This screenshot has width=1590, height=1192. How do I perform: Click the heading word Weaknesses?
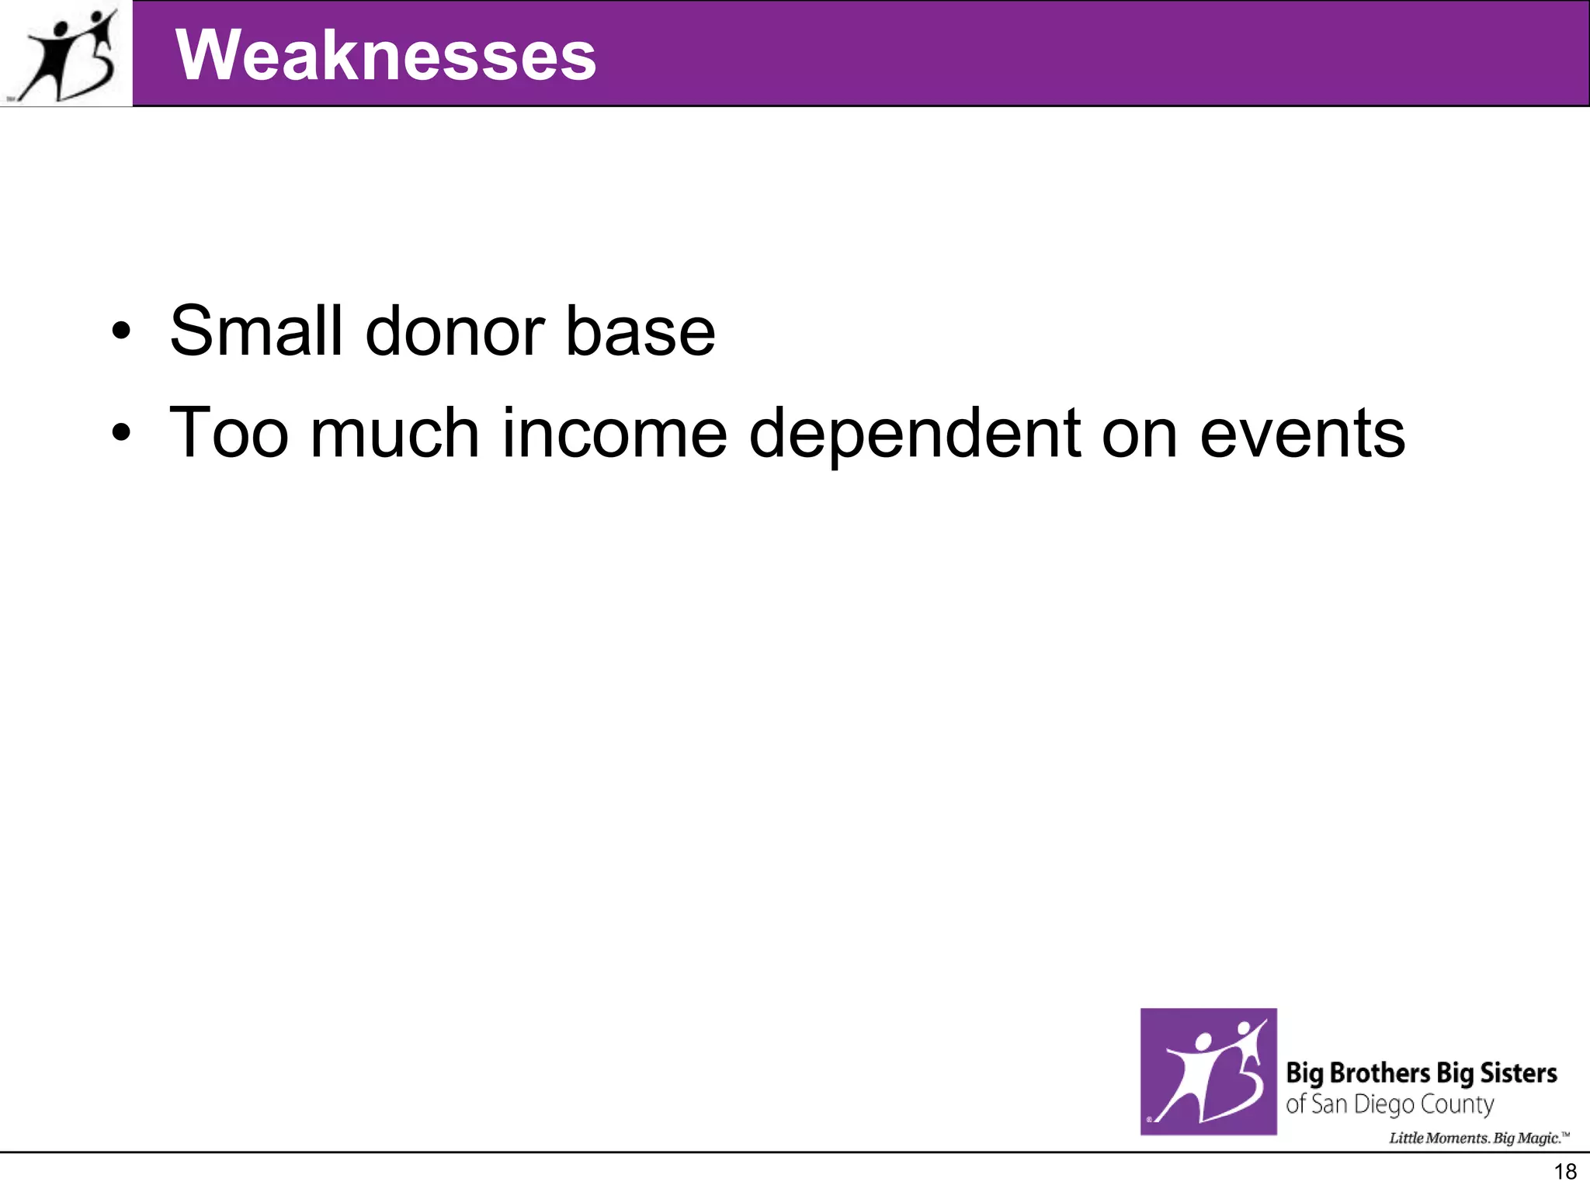coord(386,55)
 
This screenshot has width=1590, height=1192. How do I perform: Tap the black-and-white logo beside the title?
coord(67,54)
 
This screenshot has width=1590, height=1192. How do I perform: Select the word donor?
coord(454,331)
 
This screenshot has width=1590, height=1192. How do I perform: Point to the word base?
coord(640,331)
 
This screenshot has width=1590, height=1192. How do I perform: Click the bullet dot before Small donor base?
coord(121,332)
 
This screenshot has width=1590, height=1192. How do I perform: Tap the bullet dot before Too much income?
coord(121,433)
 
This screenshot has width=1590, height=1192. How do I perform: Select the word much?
coord(394,433)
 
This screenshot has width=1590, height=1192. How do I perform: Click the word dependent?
coord(915,433)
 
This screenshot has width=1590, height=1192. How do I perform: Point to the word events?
coord(1302,433)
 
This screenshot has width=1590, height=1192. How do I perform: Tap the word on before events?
coord(1139,433)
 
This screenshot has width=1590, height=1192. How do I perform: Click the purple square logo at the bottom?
coord(1208,1071)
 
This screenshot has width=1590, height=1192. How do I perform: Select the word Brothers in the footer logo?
coord(1379,1073)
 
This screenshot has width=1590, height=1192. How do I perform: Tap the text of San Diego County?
coord(1389,1104)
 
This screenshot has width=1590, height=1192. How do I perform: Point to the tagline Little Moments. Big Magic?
coord(1477,1138)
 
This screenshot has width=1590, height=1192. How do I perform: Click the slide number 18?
coord(1565,1172)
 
